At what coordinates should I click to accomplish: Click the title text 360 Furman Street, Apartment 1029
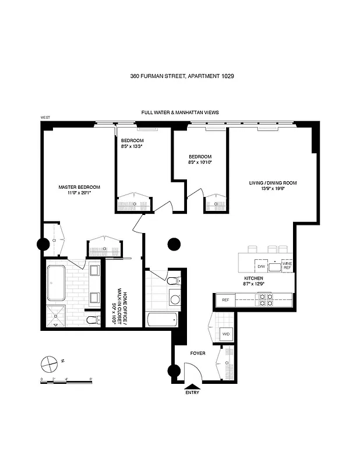click(179, 76)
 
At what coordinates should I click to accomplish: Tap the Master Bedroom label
click(79, 187)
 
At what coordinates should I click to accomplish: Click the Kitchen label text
click(253, 279)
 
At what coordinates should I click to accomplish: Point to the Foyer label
click(199, 353)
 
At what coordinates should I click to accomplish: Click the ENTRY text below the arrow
click(192, 392)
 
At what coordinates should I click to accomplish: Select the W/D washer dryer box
click(226, 334)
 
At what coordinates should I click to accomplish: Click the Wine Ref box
click(287, 265)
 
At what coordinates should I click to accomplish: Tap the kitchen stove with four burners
click(265, 300)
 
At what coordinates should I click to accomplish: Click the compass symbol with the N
click(49, 363)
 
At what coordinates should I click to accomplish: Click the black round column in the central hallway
click(174, 243)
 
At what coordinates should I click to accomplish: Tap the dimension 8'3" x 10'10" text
click(200, 163)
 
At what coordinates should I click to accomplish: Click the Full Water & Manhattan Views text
click(179, 112)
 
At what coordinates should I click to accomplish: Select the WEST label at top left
click(45, 117)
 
